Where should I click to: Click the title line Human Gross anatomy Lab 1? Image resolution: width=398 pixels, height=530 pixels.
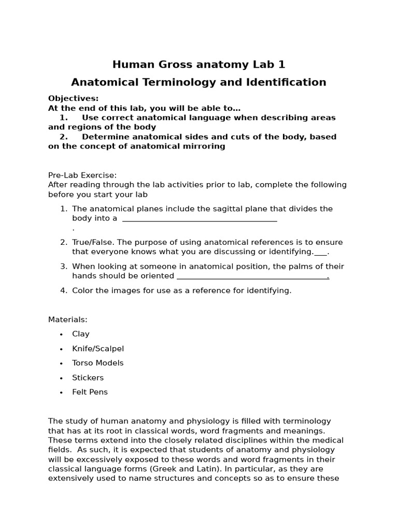coord(199,65)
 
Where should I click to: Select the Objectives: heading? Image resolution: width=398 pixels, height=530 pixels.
coord(73,98)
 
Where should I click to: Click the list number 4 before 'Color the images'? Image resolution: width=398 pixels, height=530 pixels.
coord(63,290)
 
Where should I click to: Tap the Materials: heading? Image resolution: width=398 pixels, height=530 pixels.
coord(68,319)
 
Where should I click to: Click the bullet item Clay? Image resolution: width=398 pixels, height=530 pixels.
coord(81,334)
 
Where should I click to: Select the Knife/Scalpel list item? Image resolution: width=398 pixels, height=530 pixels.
coord(98,348)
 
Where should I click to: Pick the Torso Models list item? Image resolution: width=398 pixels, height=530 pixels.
coord(98,363)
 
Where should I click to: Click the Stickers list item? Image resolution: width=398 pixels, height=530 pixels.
coord(88,377)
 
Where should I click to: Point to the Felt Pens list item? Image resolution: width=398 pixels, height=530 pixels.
coord(90,392)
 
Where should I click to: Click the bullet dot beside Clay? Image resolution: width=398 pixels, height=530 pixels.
coord(61,334)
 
